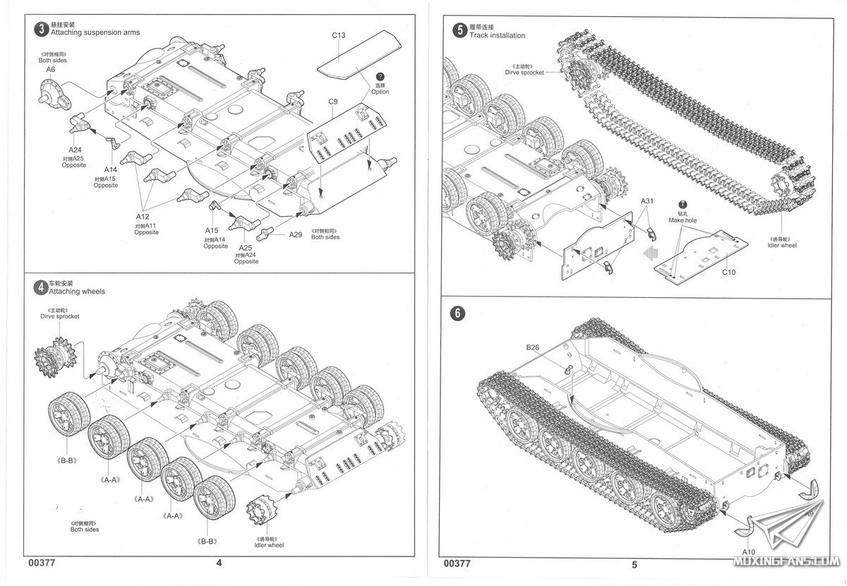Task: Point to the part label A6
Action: coord(50,69)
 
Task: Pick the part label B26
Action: coord(532,347)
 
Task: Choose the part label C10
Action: coord(729,272)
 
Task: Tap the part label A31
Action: coord(649,201)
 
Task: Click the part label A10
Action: coord(749,551)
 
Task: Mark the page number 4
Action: coord(218,563)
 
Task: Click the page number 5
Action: coord(635,564)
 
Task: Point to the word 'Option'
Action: coord(380,92)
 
